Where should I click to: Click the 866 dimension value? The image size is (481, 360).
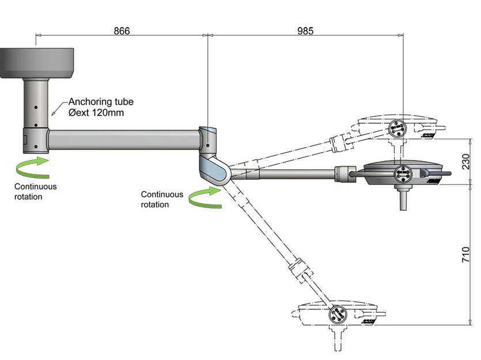122,31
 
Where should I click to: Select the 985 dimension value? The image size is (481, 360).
305,31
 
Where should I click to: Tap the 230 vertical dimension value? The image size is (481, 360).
467,162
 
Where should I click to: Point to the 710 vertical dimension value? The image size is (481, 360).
467,255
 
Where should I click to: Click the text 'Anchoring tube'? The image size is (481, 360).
101,102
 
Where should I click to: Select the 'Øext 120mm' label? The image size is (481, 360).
96,113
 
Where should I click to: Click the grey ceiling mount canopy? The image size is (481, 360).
37,63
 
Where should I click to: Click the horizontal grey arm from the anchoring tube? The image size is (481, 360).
124,139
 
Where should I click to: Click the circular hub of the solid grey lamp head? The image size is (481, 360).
402,173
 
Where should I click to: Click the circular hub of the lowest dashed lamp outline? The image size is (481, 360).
337,315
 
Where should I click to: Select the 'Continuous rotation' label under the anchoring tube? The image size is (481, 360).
36,192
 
